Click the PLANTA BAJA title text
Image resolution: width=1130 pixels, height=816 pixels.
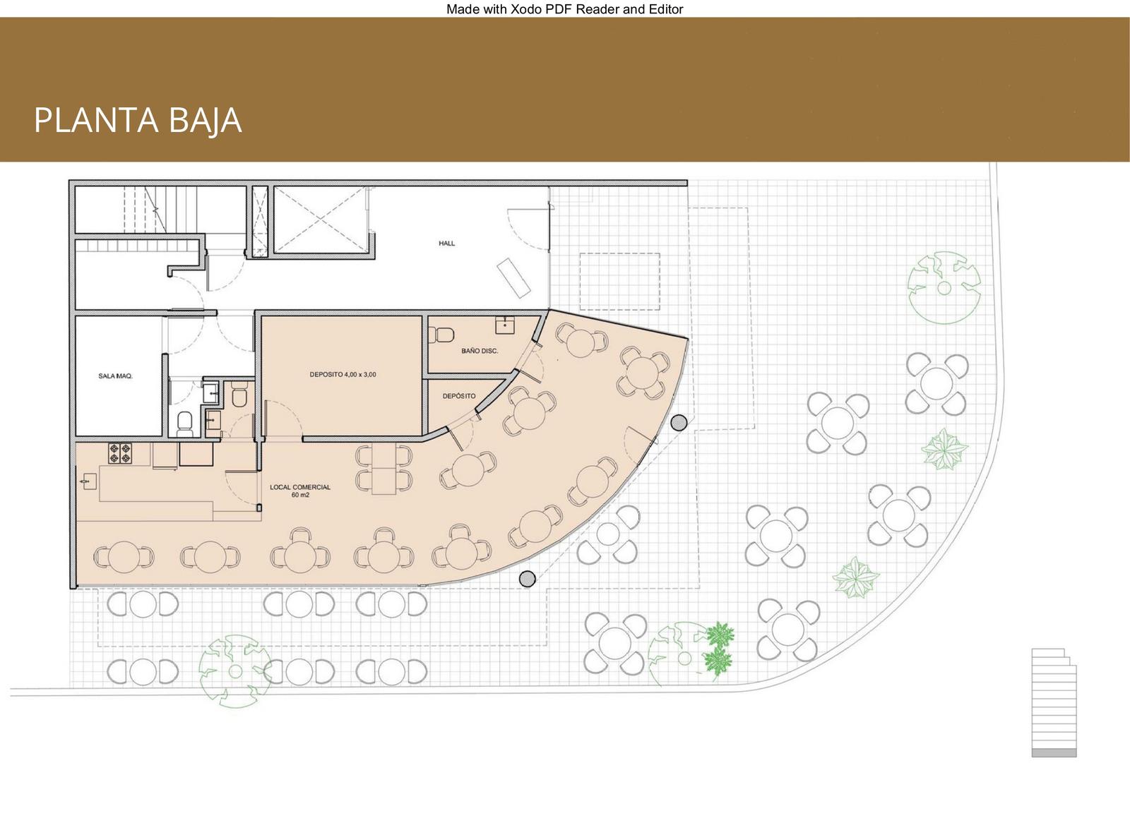138,121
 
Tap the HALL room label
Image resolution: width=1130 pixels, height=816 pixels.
446,243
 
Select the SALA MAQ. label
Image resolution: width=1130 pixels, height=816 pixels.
116,376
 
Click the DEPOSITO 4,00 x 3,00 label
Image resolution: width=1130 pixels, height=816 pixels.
343,374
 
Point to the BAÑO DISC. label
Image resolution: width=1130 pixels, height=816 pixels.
480,351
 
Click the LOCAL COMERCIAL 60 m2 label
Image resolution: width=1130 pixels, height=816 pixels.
300,491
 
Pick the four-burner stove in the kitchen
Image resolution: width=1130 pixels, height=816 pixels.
119,453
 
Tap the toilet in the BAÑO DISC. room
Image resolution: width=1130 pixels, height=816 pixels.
441,335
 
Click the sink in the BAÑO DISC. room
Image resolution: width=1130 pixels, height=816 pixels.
504,325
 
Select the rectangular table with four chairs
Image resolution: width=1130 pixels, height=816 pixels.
384,469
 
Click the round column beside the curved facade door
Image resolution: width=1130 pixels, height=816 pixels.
679,423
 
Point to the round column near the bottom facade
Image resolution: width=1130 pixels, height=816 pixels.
527,578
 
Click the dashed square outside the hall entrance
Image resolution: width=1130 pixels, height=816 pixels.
619,282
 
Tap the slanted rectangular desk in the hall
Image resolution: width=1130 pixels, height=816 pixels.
513,278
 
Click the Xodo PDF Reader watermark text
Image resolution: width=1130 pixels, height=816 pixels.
564,9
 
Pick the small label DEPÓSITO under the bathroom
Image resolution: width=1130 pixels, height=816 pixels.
459,396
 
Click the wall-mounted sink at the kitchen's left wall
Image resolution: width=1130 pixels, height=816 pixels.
88,482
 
